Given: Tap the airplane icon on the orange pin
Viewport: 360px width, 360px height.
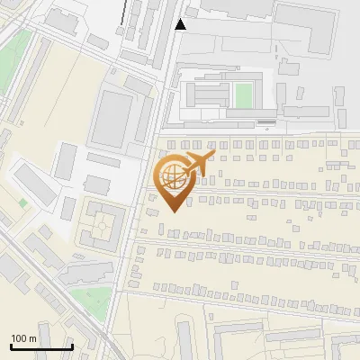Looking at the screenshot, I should point(195,164).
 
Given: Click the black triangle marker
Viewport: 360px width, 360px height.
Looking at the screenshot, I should point(181,24).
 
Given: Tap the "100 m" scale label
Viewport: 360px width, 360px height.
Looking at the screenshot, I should point(24,337).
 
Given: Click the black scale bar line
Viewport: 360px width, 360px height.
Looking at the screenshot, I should point(41,346).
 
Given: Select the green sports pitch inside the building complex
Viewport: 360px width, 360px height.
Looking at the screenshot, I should point(243,93).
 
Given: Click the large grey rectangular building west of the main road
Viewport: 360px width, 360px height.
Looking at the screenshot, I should point(112,120).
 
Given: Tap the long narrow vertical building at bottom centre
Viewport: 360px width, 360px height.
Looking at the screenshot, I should point(184,340).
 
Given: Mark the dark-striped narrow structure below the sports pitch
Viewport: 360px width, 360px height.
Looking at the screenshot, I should point(266,121).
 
